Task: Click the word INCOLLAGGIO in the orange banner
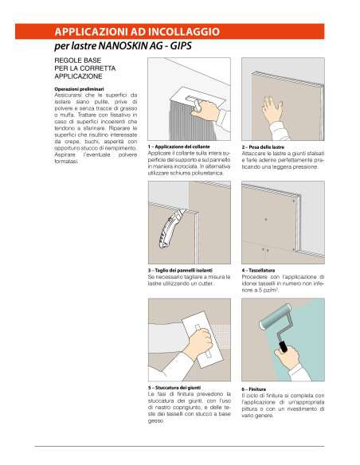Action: point(183,31)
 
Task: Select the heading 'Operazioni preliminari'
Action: point(79,89)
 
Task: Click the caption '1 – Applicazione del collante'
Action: point(179,147)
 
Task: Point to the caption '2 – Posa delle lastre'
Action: point(263,147)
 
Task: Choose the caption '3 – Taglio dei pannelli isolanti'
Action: point(180,270)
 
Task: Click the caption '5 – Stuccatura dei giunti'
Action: point(174,387)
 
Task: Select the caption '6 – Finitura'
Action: point(253,389)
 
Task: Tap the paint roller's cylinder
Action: point(275,316)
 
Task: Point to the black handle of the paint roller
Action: point(284,346)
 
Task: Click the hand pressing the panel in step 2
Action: point(272,110)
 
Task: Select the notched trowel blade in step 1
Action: point(198,99)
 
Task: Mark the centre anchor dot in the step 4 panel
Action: point(266,220)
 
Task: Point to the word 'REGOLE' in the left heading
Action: point(65,61)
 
